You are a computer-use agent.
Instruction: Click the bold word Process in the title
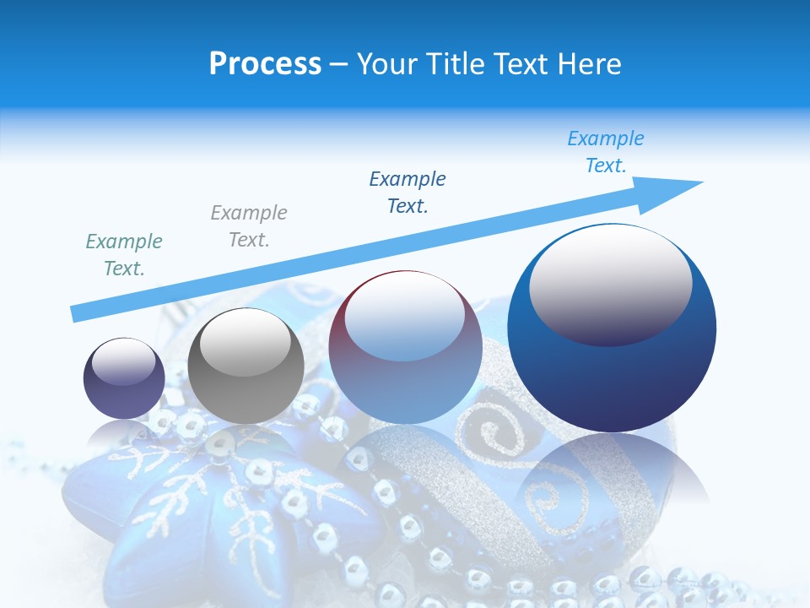[265, 64]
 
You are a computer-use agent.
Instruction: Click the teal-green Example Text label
[124, 255]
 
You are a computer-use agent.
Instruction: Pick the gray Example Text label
[249, 226]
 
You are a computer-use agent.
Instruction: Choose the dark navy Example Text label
[408, 193]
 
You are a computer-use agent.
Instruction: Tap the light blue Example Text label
[606, 152]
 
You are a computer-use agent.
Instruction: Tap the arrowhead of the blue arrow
[675, 190]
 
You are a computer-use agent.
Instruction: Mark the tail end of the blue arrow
[78, 313]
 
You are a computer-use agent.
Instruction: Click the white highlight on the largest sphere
[610, 285]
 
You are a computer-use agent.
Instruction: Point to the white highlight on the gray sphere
[246, 344]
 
